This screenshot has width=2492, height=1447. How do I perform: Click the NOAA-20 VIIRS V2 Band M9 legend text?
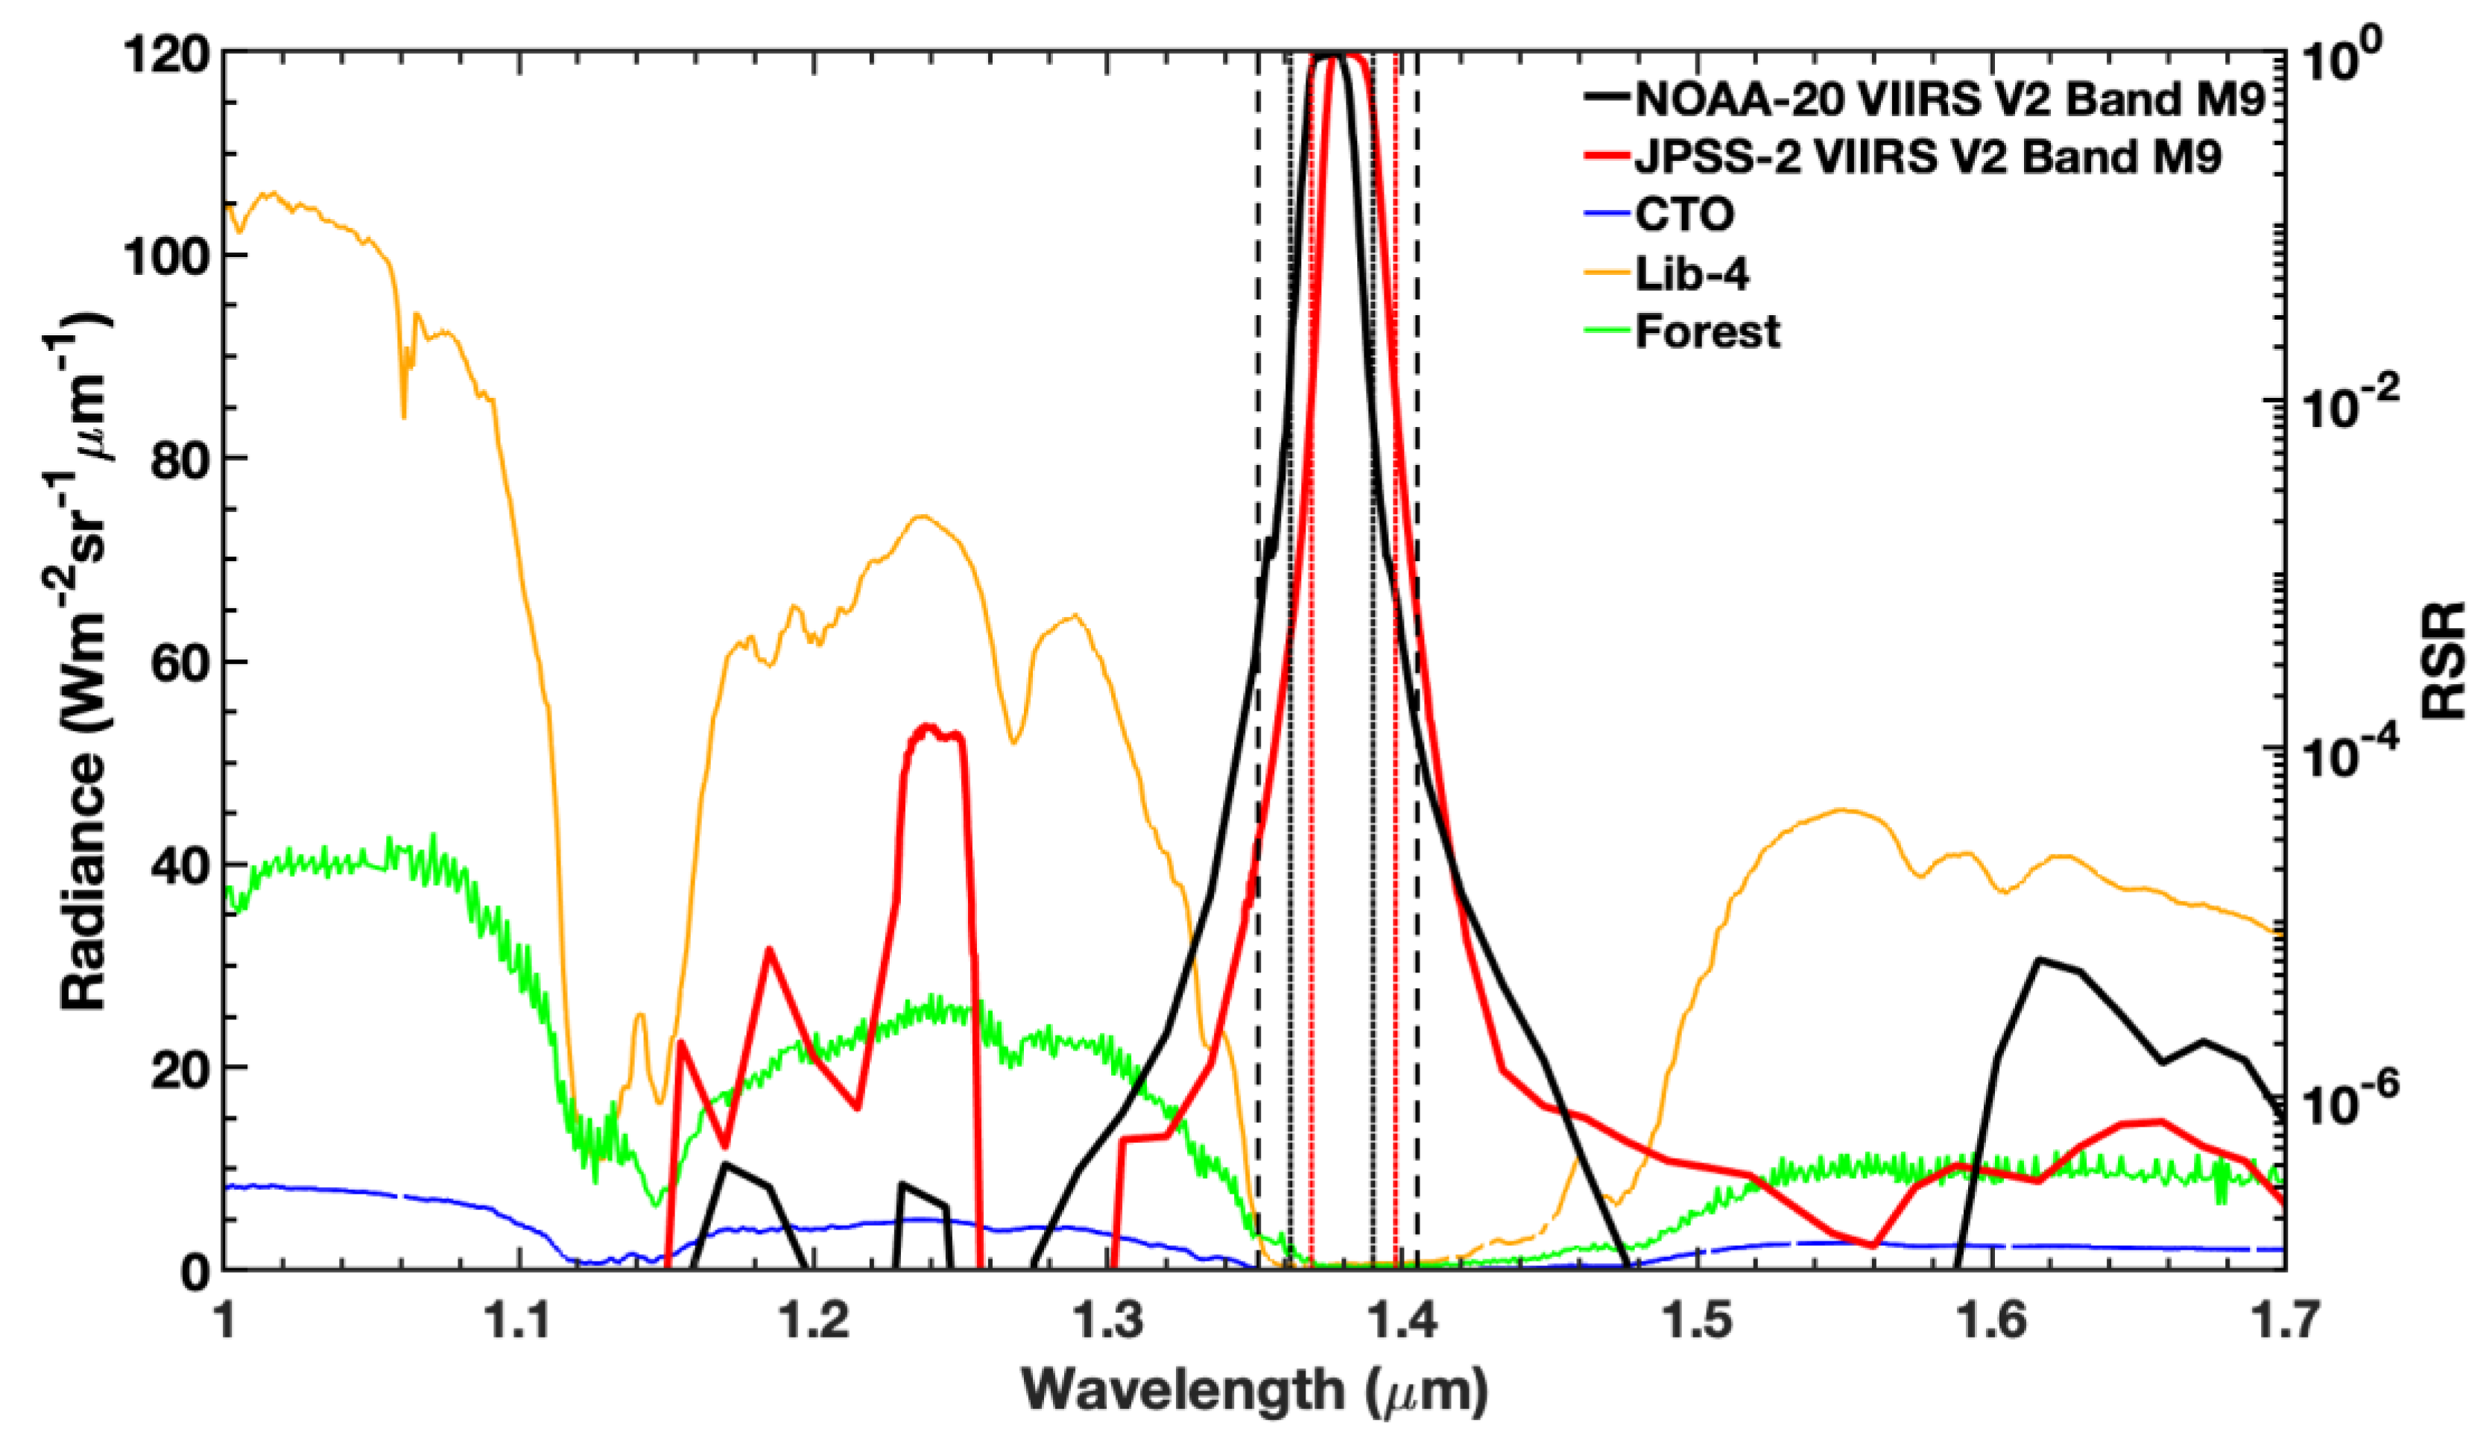pos(1949,99)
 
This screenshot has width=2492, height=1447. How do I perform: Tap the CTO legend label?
pos(1684,215)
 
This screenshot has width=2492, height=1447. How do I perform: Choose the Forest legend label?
pos(1707,332)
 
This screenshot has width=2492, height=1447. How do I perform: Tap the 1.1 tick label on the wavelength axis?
pos(521,1321)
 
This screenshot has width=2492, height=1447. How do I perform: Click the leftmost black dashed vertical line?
pos(1257,692)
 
